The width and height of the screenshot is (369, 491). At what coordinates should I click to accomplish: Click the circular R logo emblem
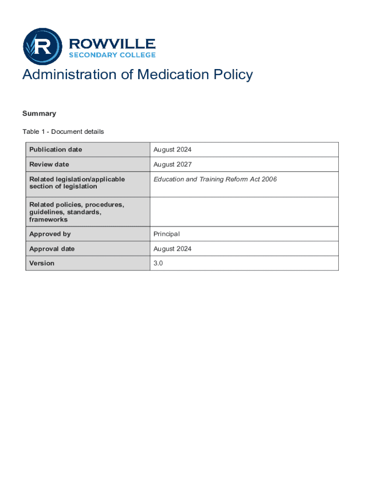point(43,47)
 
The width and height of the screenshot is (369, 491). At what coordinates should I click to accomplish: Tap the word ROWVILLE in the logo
point(113,44)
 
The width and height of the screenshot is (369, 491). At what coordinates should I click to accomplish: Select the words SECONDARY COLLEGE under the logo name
point(113,55)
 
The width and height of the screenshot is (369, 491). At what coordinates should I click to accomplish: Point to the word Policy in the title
point(232,75)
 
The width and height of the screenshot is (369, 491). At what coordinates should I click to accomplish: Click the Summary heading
point(39,114)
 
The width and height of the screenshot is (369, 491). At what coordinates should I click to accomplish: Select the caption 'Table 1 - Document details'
point(63,131)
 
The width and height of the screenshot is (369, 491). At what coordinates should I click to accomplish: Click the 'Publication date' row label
point(56,150)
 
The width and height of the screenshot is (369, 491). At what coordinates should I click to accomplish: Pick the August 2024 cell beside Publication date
point(173,150)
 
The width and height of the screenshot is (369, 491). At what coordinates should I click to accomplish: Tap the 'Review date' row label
point(49,164)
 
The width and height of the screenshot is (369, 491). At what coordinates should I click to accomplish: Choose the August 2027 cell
point(173,164)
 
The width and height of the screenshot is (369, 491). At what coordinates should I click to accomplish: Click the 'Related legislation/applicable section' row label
point(77,183)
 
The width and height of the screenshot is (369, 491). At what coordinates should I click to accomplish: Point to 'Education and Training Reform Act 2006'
point(215,179)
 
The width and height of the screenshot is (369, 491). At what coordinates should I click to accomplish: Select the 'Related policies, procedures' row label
point(77,212)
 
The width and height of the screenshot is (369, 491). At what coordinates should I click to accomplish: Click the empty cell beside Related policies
point(244,212)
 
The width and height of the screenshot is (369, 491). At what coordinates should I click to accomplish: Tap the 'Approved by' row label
point(50,234)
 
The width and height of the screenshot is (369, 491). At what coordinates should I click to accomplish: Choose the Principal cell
point(166,234)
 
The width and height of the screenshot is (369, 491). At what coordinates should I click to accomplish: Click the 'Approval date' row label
point(52,249)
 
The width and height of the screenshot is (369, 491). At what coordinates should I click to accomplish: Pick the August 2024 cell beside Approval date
point(173,249)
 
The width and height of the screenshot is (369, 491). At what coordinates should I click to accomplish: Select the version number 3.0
point(158,263)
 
